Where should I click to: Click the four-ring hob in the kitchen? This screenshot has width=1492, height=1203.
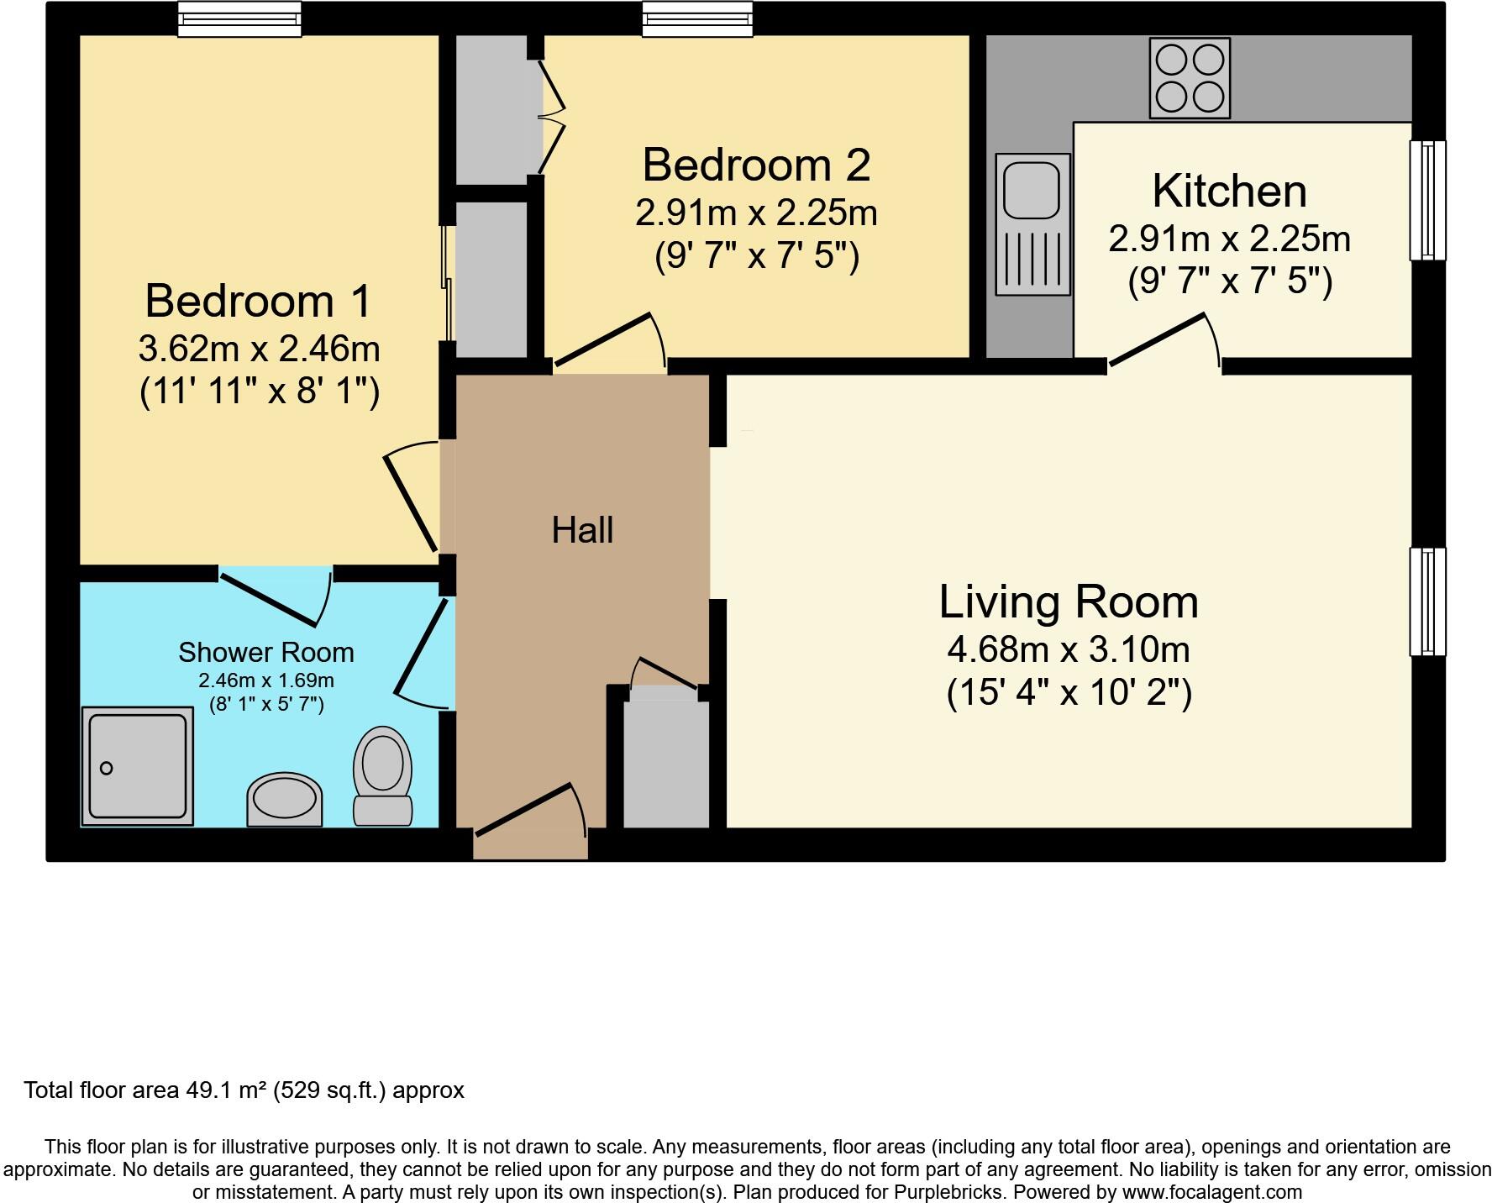[x=1190, y=78]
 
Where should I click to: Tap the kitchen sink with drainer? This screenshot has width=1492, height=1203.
[x=1032, y=224]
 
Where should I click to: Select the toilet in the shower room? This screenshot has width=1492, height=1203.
[x=383, y=775]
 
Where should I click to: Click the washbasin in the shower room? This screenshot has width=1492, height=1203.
[x=285, y=800]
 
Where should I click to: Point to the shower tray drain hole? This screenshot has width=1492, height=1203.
[x=106, y=768]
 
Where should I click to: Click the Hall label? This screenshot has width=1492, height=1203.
[x=582, y=530]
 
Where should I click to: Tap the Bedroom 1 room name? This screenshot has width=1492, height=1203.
[x=258, y=301]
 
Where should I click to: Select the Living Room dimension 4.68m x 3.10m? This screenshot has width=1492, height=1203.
[x=1069, y=649]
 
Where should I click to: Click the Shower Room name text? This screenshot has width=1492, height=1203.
[x=266, y=652]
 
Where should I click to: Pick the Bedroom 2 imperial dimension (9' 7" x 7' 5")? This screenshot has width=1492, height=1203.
[x=757, y=255]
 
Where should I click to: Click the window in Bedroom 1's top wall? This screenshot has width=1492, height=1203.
[x=239, y=19]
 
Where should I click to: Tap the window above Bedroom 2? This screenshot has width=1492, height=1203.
[x=697, y=19]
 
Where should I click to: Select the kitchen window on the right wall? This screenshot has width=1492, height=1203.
[x=1427, y=200]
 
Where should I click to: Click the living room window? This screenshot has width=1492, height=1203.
[x=1427, y=601]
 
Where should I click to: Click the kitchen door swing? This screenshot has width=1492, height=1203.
[x=1164, y=340]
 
